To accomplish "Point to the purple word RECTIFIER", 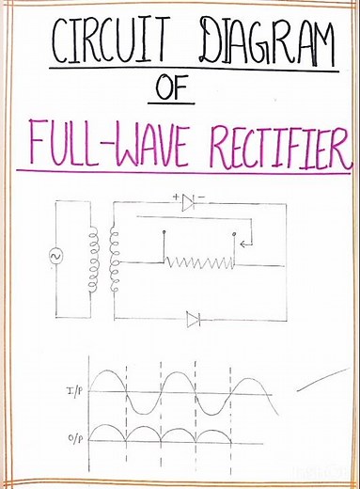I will [x=274, y=143].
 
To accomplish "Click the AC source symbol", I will [x=57, y=255].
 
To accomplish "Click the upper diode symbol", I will [x=189, y=201].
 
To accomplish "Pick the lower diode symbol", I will [x=195, y=321].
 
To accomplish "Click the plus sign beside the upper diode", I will [x=175, y=197].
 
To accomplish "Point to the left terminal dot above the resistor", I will [x=164, y=230].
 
